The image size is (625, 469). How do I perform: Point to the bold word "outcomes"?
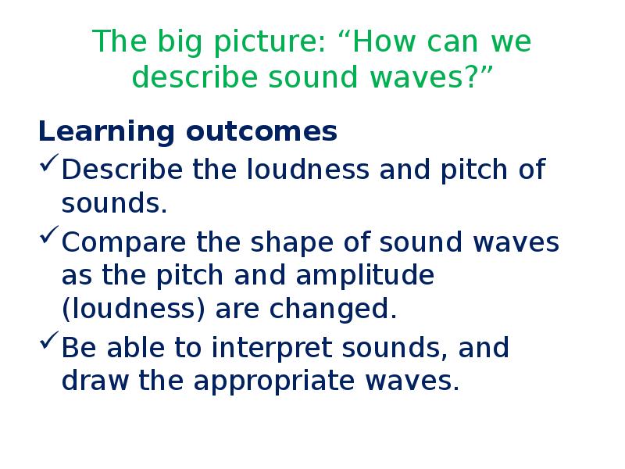pyautogui.click(x=262, y=132)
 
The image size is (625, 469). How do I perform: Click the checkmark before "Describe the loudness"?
pyautogui.click(x=48, y=166)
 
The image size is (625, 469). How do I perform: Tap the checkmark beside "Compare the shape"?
pyautogui.click(x=48, y=239)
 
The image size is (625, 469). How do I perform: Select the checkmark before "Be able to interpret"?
pyautogui.click(x=48, y=345)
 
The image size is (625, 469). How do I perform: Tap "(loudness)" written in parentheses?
pyautogui.click(x=133, y=310)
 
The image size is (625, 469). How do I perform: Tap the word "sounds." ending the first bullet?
pyautogui.click(x=114, y=204)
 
